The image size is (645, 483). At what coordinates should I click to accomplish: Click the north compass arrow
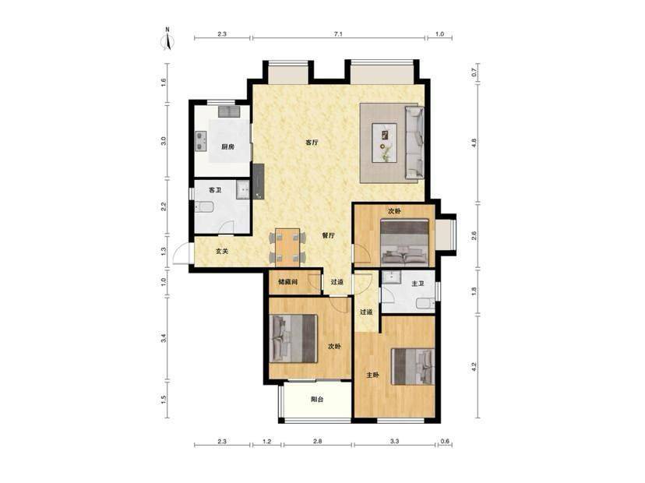click(x=167, y=41)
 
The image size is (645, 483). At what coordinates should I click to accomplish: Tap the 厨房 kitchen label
click(x=227, y=146)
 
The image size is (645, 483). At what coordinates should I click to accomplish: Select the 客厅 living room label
click(x=312, y=143)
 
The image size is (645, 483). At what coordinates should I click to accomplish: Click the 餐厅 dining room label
click(x=328, y=236)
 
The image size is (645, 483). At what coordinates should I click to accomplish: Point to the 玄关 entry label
click(x=222, y=251)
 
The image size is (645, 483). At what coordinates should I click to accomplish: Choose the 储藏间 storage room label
click(x=288, y=282)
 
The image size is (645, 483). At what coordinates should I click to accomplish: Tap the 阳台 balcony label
click(x=317, y=399)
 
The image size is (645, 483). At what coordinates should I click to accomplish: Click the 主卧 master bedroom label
click(x=372, y=375)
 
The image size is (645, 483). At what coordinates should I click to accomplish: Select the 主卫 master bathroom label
click(x=418, y=284)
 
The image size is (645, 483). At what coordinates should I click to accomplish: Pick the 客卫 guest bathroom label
click(x=215, y=190)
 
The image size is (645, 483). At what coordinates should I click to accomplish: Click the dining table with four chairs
click(x=287, y=246)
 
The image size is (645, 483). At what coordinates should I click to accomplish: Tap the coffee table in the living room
click(x=384, y=143)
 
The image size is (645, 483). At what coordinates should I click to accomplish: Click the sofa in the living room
click(x=414, y=143)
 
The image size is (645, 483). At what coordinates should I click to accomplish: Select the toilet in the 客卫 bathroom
click(x=203, y=207)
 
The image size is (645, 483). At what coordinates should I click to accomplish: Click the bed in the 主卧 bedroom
click(x=413, y=367)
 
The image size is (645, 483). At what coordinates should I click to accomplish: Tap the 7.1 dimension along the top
click(x=338, y=34)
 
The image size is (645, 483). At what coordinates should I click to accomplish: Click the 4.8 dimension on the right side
click(x=474, y=143)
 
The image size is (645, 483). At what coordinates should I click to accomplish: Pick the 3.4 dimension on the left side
click(x=164, y=339)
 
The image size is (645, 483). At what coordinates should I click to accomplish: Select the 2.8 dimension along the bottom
click(x=317, y=442)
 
